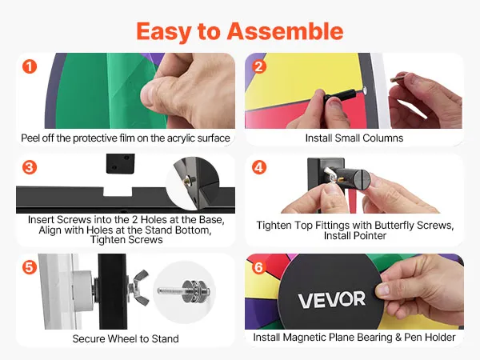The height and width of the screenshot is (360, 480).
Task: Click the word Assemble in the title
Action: coord(285,31)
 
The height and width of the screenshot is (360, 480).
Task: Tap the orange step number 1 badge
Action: coord(30,66)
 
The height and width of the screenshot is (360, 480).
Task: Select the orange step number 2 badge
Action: coord(259,66)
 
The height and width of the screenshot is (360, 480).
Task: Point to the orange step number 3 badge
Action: coord(30,167)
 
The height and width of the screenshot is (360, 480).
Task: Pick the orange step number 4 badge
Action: coord(259,167)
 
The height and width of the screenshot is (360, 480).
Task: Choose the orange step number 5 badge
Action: coord(30,267)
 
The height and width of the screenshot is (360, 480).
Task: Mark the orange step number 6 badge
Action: coord(259,267)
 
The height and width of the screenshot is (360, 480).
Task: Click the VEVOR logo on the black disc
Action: coord(332,300)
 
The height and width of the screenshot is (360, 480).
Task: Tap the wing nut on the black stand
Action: coord(139,287)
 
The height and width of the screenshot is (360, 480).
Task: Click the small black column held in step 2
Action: coord(340,95)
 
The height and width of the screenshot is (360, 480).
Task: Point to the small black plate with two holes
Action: coord(120,163)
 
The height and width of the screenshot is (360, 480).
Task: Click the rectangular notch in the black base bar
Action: coord(118,192)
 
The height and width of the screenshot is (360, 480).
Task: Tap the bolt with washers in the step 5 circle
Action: coord(185,291)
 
